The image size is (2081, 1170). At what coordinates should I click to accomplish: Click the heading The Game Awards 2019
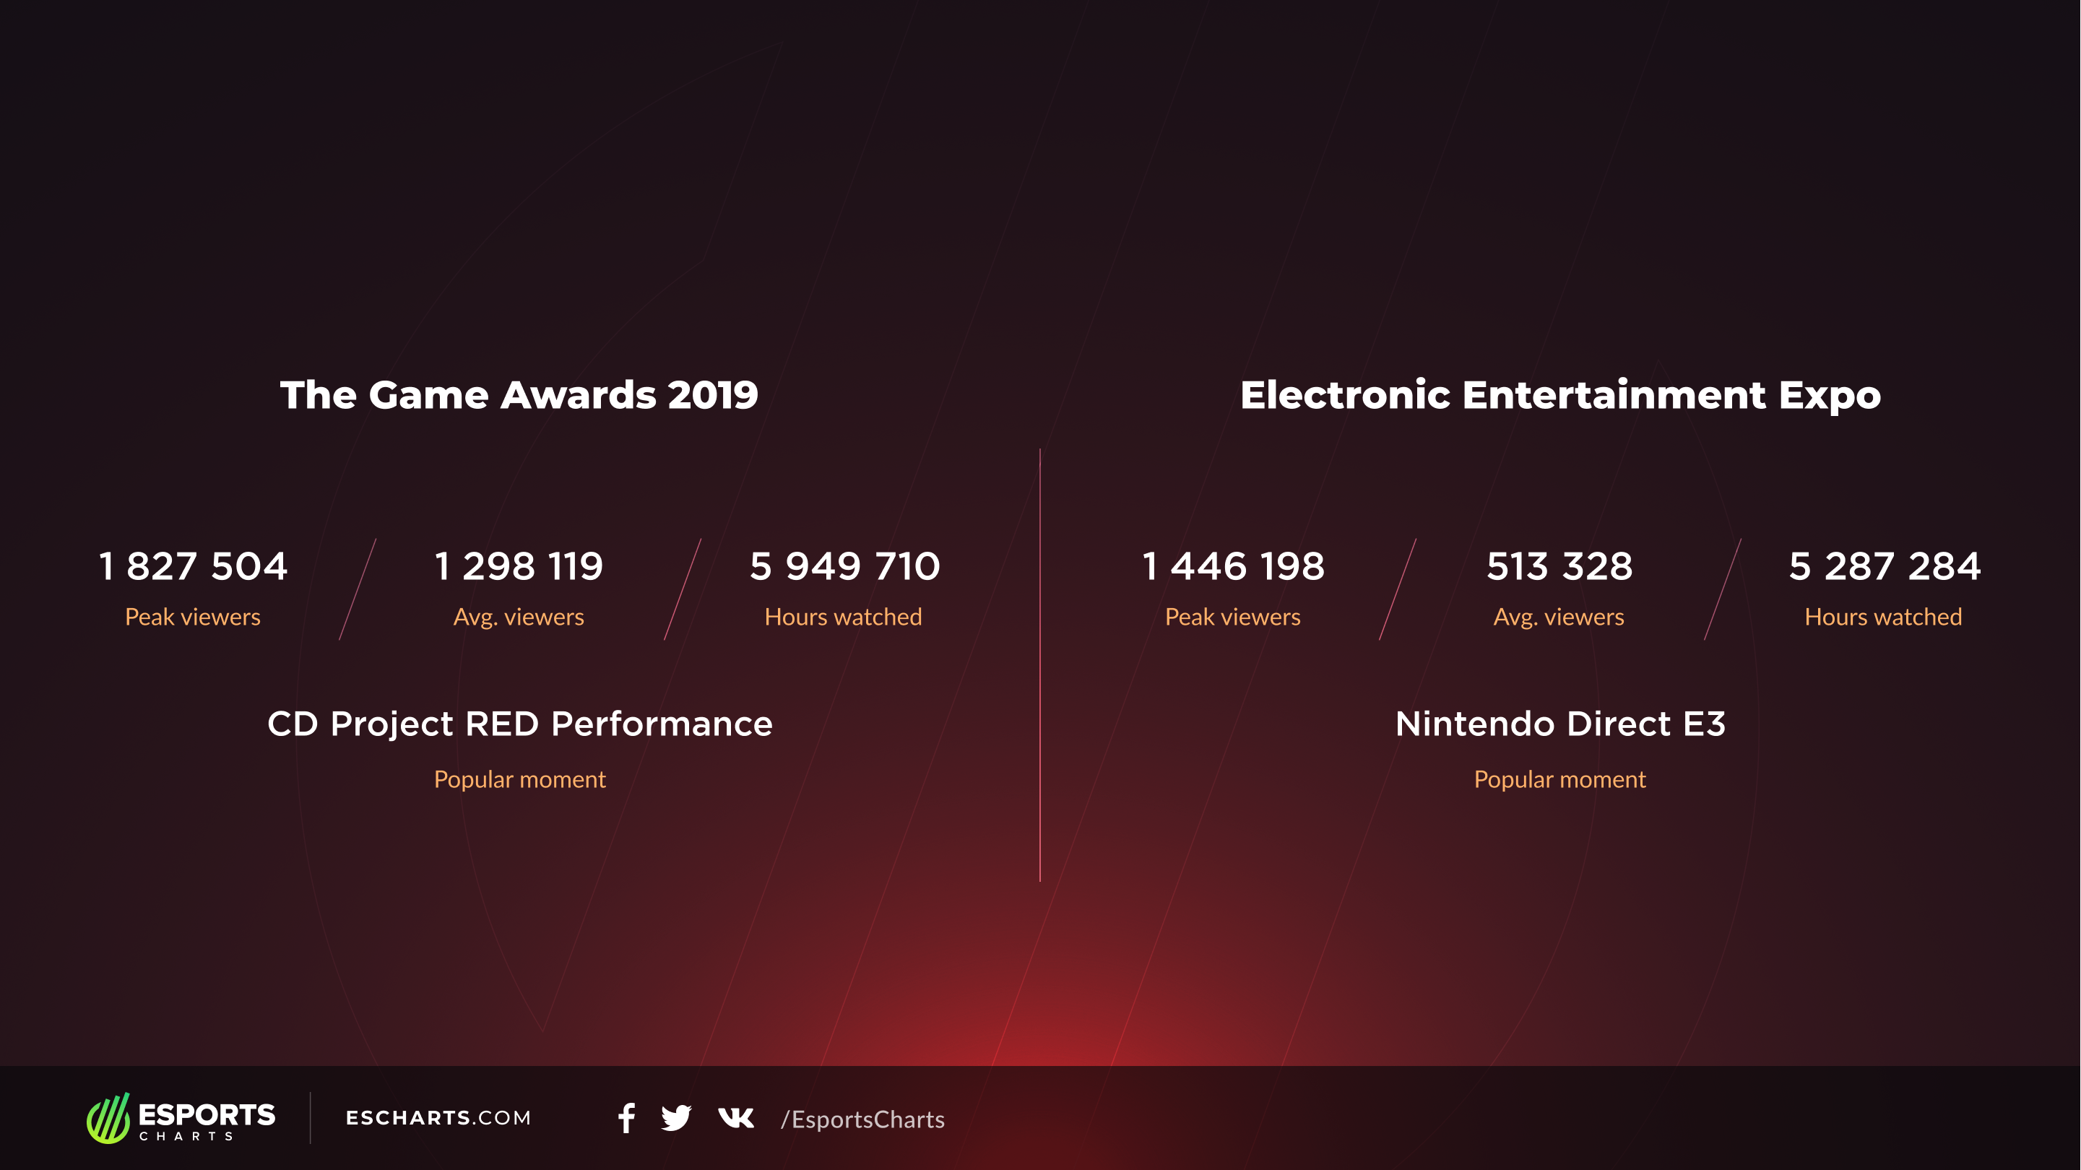519,395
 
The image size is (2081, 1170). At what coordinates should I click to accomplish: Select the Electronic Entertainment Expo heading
1560,395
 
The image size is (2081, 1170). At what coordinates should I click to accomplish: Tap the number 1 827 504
193,565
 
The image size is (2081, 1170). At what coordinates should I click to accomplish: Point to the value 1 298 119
519,565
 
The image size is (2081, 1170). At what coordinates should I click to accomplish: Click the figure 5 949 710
844,565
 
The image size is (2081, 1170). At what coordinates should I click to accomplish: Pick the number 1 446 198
1233,565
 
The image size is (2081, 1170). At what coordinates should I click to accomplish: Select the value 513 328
1559,565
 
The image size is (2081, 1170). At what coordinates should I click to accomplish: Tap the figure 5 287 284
1884,565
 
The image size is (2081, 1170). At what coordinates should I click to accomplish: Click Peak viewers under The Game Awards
193,617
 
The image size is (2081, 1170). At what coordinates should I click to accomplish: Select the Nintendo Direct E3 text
1560,724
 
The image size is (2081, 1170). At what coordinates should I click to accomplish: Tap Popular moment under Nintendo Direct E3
1560,780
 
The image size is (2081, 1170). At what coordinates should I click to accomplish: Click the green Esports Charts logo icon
108,1118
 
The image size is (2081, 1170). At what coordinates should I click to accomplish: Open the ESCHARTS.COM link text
438,1118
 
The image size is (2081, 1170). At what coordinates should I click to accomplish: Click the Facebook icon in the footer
626,1118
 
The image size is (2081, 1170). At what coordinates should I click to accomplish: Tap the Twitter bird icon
676,1118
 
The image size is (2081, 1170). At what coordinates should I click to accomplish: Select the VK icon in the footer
736,1118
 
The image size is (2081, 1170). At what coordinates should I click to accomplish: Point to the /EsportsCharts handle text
862,1120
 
